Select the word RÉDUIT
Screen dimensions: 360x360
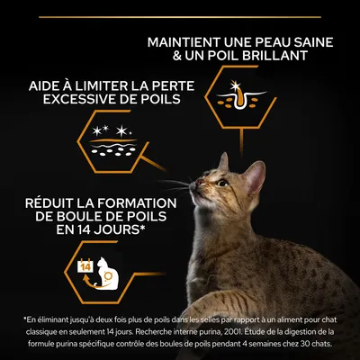(50, 202)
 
